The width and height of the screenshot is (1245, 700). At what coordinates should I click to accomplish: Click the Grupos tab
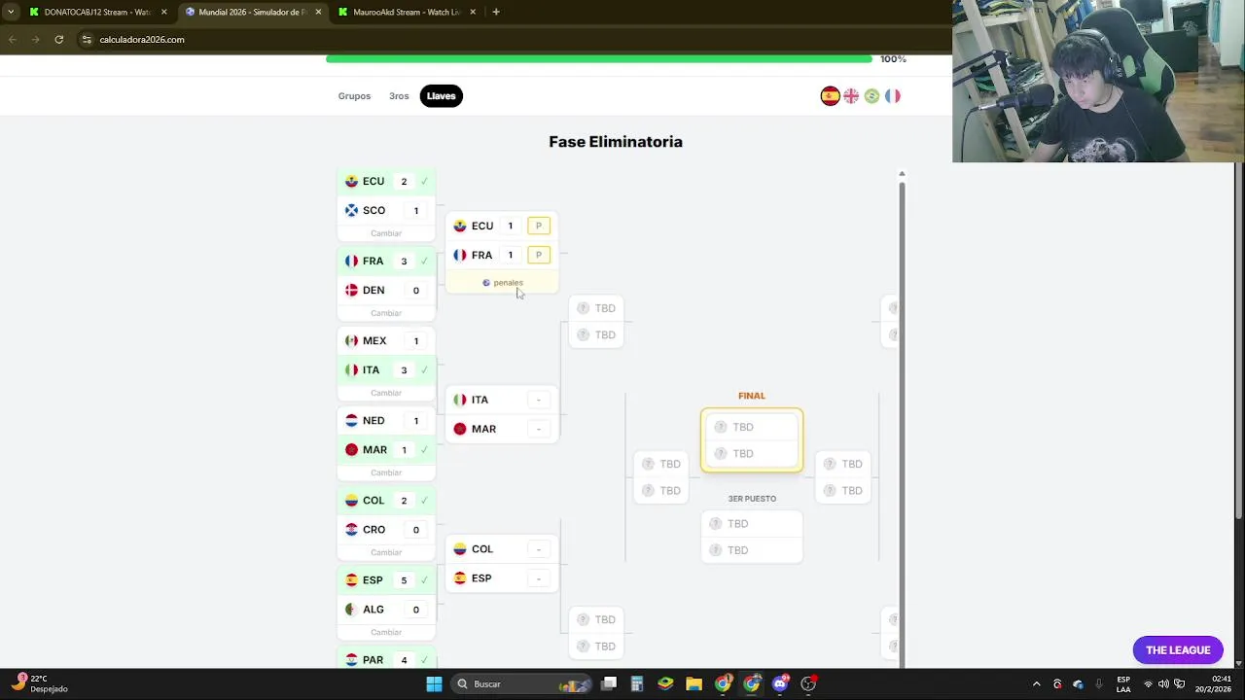pyautogui.click(x=354, y=96)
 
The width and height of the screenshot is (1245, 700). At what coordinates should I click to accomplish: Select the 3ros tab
pyautogui.click(x=399, y=96)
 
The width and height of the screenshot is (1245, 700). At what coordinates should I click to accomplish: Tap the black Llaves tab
pyautogui.click(x=441, y=96)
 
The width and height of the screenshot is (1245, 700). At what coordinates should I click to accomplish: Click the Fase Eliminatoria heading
pyautogui.click(x=616, y=142)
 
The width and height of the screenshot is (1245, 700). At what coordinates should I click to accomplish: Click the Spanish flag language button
pyautogui.click(x=830, y=96)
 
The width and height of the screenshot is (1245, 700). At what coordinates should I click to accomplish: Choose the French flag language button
pyautogui.click(x=892, y=96)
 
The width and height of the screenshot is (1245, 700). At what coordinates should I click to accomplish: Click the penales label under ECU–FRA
pyautogui.click(x=508, y=283)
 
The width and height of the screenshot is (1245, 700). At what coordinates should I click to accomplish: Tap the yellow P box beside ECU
pyautogui.click(x=538, y=226)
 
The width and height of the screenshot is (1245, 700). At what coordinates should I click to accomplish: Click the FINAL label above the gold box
pyautogui.click(x=752, y=396)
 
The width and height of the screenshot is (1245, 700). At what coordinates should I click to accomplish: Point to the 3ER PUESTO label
pyautogui.click(x=752, y=499)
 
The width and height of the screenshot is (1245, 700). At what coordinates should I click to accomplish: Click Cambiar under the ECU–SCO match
pyautogui.click(x=386, y=233)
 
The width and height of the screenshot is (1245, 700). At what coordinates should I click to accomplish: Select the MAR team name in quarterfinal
pyautogui.click(x=483, y=429)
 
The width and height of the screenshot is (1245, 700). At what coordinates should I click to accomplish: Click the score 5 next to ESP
pyautogui.click(x=404, y=580)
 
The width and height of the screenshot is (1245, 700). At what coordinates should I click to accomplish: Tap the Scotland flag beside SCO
pyautogui.click(x=351, y=210)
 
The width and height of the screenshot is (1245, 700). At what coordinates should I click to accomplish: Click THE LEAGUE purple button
pyautogui.click(x=1178, y=650)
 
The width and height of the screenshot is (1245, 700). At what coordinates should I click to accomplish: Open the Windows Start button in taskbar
pyautogui.click(x=435, y=683)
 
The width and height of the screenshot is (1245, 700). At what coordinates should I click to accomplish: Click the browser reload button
pyautogui.click(x=59, y=40)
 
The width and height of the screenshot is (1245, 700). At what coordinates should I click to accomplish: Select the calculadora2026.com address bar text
pyautogui.click(x=142, y=40)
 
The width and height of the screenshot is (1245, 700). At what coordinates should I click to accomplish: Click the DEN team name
pyautogui.click(x=373, y=290)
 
